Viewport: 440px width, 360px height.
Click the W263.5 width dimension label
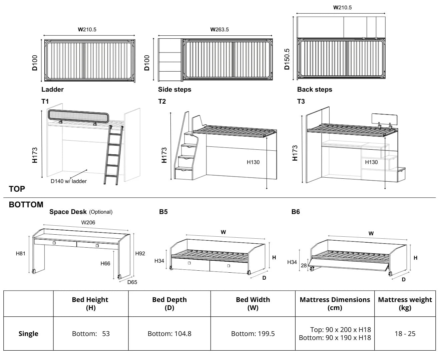(x=219, y=29)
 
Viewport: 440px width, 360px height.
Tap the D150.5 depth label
(x=287, y=59)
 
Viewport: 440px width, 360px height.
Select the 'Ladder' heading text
(x=52, y=89)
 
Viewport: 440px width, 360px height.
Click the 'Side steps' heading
(x=174, y=89)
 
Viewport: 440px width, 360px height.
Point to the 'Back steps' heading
(x=314, y=89)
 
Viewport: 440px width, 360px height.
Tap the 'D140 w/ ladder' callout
(x=68, y=181)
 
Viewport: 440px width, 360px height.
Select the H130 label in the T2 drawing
(x=253, y=162)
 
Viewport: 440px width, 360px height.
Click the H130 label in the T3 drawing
(x=371, y=162)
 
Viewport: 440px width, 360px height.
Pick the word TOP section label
(x=17, y=189)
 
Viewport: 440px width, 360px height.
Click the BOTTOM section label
(x=26, y=205)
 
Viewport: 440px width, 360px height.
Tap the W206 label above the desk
(x=88, y=222)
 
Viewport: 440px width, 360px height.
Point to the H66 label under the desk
(x=105, y=263)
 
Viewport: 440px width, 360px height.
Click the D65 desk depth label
(x=132, y=282)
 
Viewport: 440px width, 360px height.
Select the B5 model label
(x=163, y=212)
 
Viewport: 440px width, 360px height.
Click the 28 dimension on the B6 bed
(x=304, y=266)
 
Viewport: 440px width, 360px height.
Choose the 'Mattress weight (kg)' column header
(x=405, y=303)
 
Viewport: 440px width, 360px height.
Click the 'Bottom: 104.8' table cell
(x=169, y=334)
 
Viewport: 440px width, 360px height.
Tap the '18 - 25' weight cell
(x=405, y=334)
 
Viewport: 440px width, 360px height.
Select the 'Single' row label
(x=28, y=334)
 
